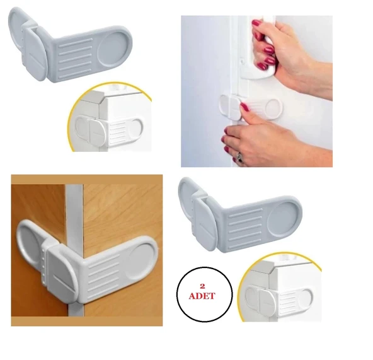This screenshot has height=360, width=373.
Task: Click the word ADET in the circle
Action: [202, 296]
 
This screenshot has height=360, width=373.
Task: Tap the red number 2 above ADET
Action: [202, 286]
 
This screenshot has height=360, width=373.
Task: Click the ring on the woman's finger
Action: [239, 158]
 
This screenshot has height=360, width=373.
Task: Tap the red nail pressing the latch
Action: [244, 107]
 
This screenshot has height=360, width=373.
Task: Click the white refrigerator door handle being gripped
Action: [264, 48]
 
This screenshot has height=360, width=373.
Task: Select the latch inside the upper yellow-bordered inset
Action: [109, 131]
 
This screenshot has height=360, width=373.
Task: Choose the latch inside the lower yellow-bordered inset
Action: [278, 301]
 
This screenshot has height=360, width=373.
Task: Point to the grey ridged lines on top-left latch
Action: [76, 58]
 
